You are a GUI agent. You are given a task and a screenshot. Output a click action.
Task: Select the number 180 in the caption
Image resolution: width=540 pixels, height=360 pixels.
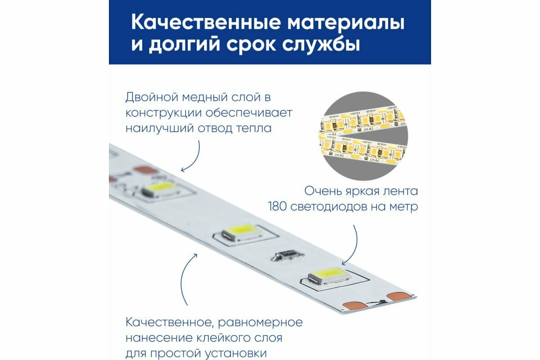pyautogui.click(x=277, y=207)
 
